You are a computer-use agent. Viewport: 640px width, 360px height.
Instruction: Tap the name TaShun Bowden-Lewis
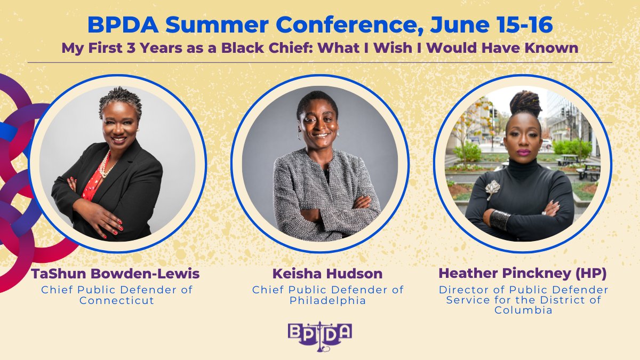(x=115, y=274)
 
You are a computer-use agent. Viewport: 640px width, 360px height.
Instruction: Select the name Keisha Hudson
(x=327, y=274)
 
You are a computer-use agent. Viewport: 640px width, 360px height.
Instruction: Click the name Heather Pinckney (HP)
(x=522, y=274)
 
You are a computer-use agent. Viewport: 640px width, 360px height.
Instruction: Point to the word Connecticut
(x=116, y=300)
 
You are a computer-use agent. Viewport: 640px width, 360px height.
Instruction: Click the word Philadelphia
(x=327, y=300)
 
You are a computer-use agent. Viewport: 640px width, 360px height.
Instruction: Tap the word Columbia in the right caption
(x=522, y=310)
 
